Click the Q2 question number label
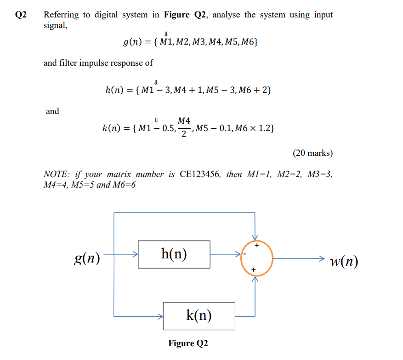point(21,15)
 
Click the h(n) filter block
point(174,254)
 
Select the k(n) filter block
point(199,316)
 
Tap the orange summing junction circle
point(257,258)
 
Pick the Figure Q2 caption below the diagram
point(188,343)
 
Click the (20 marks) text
point(312,153)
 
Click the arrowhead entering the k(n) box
point(160,316)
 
